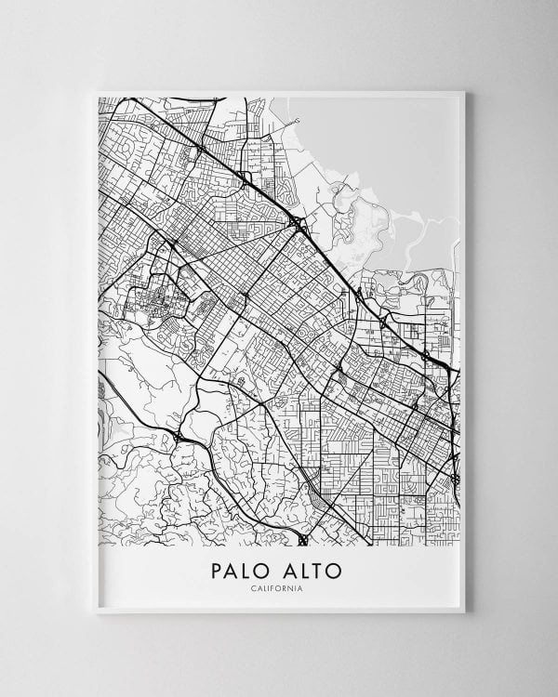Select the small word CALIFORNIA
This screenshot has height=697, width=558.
(278, 587)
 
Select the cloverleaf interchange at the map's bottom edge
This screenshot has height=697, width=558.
(303, 538)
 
